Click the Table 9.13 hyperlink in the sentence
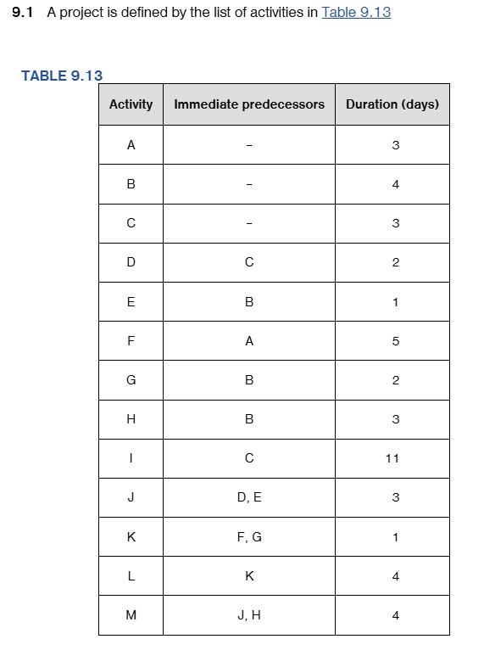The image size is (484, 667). [x=356, y=13]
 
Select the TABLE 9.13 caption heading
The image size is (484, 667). [x=61, y=76]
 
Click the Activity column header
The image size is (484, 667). [x=131, y=104]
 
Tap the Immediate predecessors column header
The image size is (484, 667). [x=249, y=104]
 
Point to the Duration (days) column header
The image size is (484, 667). [x=392, y=104]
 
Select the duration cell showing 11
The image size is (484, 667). [x=392, y=458]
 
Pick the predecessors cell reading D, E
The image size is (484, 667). [x=249, y=497]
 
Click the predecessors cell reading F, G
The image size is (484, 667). [x=249, y=537]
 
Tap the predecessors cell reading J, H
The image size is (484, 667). [x=249, y=615]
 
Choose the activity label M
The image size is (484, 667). [x=131, y=615]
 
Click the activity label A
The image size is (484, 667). [x=131, y=145]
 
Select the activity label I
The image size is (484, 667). [x=131, y=458]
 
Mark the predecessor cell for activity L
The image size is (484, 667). [x=249, y=576]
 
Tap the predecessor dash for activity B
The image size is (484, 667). [x=249, y=184]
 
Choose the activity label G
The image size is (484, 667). [x=131, y=380]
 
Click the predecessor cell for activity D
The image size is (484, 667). [x=249, y=262]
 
